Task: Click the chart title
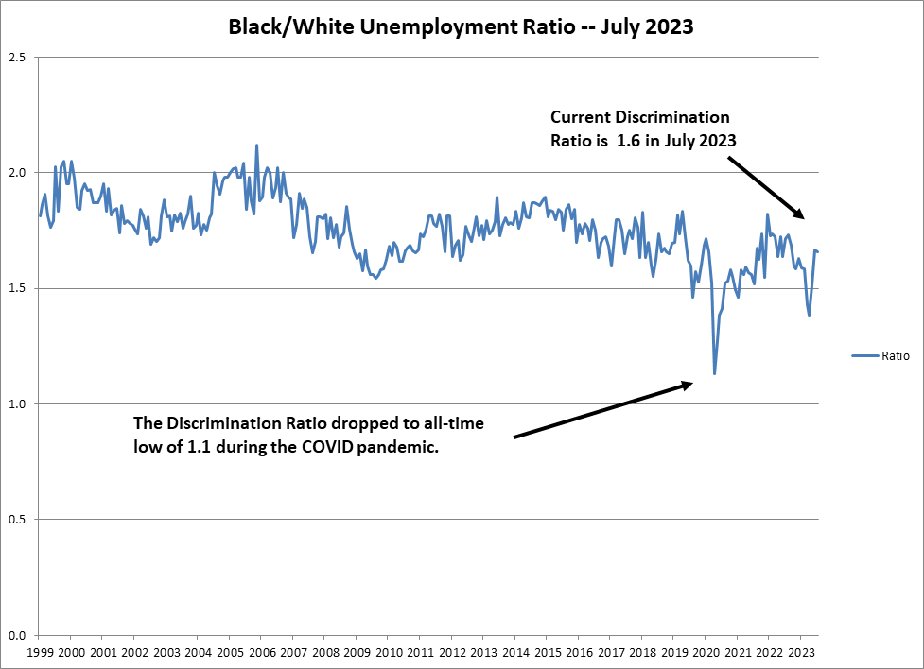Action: click(x=462, y=27)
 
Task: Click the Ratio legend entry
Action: click(x=895, y=356)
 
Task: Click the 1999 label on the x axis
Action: click(x=40, y=653)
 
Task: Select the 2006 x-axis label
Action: click(x=262, y=653)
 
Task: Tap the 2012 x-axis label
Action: click(x=452, y=653)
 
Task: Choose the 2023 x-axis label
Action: click(x=801, y=653)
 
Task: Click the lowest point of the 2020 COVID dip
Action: click(x=714, y=374)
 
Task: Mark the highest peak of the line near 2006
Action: click(x=256, y=146)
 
